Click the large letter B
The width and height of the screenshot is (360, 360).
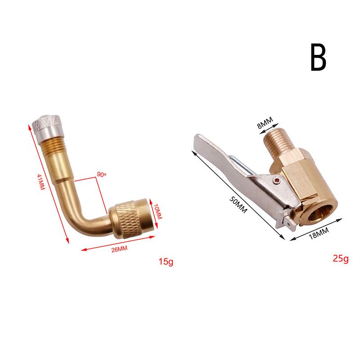pos(318,58)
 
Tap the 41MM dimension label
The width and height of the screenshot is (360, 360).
pos(41,182)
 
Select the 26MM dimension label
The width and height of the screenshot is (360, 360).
pos(119,249)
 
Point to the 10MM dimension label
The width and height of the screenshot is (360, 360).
pos(158,211)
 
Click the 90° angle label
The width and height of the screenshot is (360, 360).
pos(102,174)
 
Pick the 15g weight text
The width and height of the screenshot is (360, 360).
pos(166,262)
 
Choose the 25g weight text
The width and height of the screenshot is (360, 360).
pos(341,259)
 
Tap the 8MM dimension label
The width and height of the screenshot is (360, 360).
pos(265,122)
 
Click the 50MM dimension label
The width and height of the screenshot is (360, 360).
pos(238,205)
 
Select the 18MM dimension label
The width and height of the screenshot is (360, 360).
pos(319,233)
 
